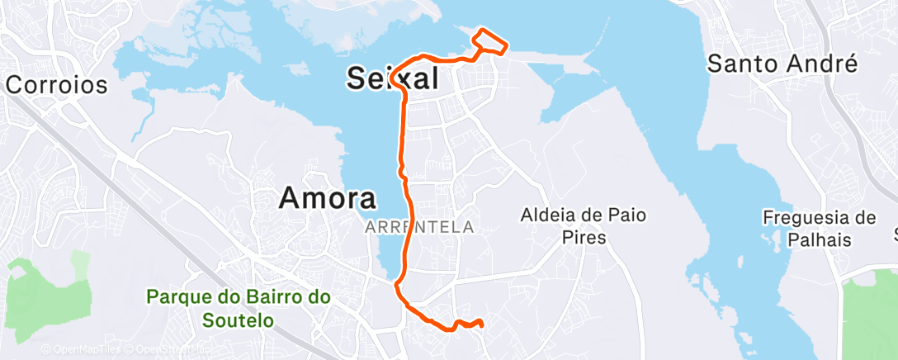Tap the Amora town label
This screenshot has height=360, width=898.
pyautogui.click(x=328, y=198)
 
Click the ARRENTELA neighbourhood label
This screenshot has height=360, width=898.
pyautogui.click(x=419, y=226)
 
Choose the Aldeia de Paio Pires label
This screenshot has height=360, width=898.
pyautogui.click(x=584, y=226)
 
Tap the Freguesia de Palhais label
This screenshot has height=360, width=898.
pyautogui.click(x=819, y=228)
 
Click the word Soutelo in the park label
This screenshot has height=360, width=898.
pyautogui.click(x=239, y=319)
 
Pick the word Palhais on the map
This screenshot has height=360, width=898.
pyautogui.click(x=819, y=239)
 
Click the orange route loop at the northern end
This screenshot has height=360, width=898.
pyautogui.click(x=489, y=42)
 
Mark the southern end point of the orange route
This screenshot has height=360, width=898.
pyautogui.click(x=481, y=325)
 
